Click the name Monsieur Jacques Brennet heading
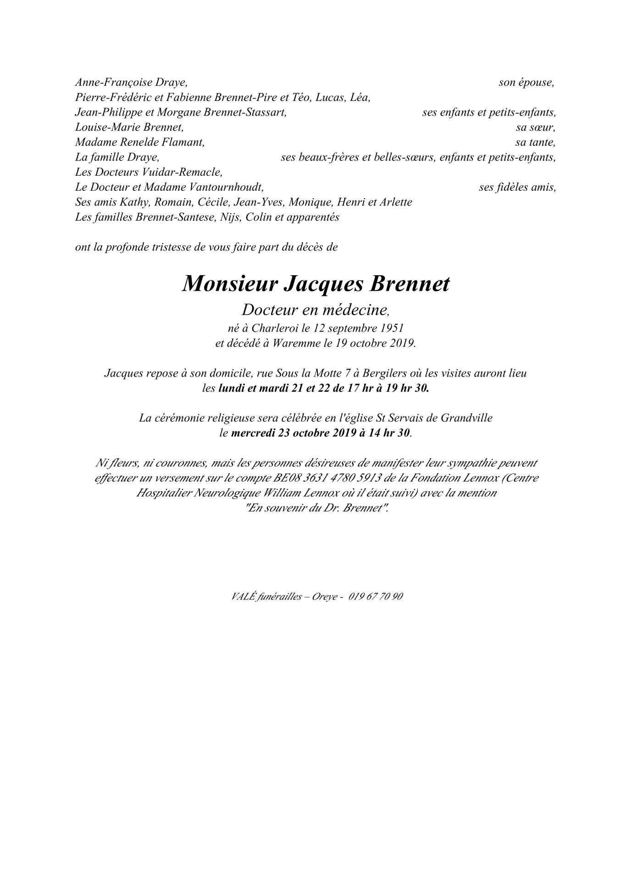pyautogui.click(x=316, y=284)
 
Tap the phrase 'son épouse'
pyautogui.click(x=527, y=83)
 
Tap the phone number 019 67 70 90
pyautogui.click(x=376, y=596)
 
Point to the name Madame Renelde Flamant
pyautogui.click(x=139, y=142)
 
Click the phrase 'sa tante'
pyautogui.click(x=535, y=142)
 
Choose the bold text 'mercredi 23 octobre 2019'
pyautogui.click(x=294, y=433)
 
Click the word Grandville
pyautogui.click(x=466, y=418)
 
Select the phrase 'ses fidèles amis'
pyautogui.click(x=517, y=187)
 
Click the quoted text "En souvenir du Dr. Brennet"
pyautogui.click(x=317, y=508)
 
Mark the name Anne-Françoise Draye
pyautogui.click(x=131, y=83)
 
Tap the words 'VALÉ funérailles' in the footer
pyautogui.click(x=267, y=596)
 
